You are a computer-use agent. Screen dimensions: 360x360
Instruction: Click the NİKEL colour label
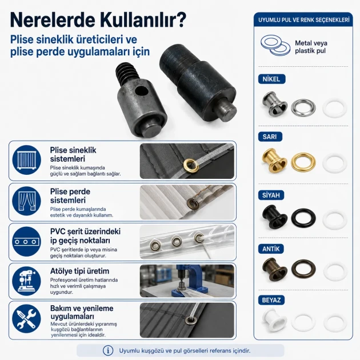(272, 79)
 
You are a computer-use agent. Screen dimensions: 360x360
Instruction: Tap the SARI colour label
(270, 137)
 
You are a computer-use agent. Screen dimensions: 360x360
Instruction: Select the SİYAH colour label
(271, 195)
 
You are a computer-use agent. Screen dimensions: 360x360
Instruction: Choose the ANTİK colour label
(271, 249)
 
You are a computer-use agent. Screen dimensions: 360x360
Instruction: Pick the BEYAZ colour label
(271, 300)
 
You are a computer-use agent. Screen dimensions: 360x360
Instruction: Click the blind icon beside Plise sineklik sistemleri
(27, 160)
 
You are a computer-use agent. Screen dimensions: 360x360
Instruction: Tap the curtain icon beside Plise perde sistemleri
(27, 201)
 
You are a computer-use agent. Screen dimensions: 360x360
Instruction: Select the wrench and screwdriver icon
(27, 319)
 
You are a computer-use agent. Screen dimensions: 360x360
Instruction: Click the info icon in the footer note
(108, 351)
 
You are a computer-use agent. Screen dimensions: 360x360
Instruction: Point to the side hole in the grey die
(142, 91)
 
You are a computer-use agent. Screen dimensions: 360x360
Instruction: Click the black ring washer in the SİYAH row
(303, 218)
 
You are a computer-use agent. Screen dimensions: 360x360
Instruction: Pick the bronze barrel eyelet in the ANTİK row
(274, 269)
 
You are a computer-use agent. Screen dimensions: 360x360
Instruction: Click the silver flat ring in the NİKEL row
(303, 107)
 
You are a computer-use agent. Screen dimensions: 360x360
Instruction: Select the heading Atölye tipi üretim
(79, 271)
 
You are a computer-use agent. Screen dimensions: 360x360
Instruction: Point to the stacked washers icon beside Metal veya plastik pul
(275, 45)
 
